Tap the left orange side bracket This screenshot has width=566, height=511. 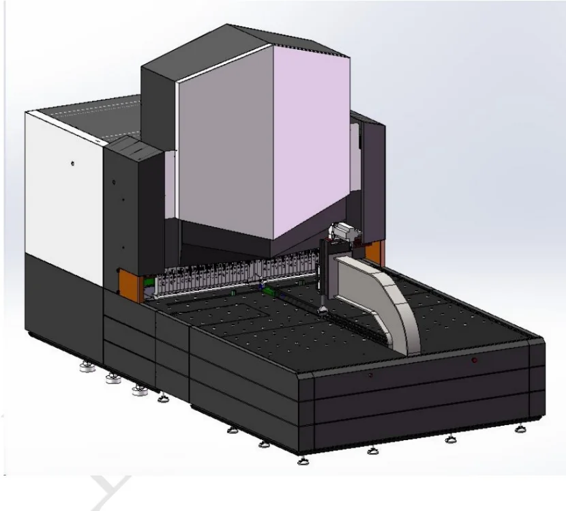click(132, 283)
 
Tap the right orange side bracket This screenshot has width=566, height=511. click(372, 253)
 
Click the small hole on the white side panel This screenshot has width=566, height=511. click(73, 164)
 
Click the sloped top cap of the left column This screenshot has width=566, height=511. click(133, 145)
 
